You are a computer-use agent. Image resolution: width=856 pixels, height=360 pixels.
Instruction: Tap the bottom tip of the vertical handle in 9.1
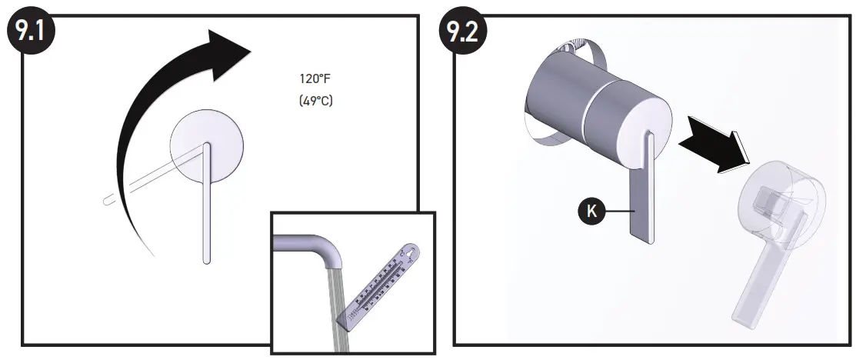coord(206,259)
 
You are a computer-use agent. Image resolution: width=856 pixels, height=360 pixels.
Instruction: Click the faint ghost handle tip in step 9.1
coord(107,202)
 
